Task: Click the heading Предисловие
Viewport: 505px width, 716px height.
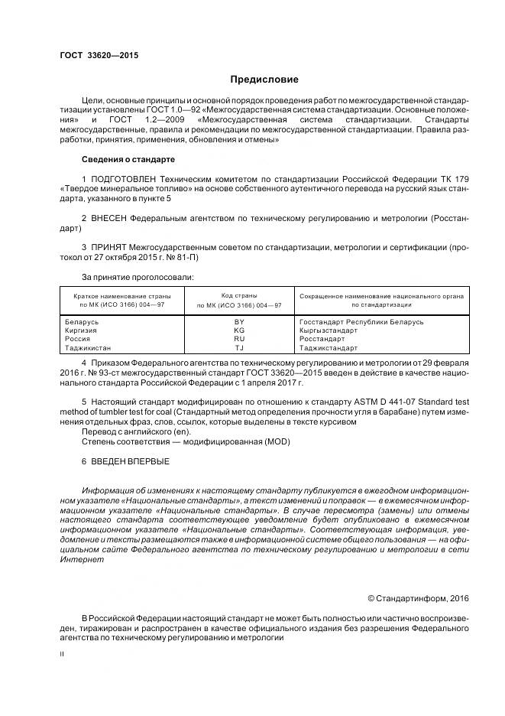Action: (x=264, y=80)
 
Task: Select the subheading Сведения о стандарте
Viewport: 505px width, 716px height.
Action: (x=128, y=159)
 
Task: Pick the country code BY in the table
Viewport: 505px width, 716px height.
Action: (x=239, y=322)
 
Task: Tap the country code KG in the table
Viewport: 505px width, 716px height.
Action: (x=239, y=330)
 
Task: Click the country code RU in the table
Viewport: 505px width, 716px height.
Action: (x=239, y=339)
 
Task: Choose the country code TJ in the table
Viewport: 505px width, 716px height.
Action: (x=239, y=347)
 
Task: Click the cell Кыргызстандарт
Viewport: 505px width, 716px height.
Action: (x=329, y=330)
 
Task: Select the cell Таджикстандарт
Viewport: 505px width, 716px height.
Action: (x=329, y=347)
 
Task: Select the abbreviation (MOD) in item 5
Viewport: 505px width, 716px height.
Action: (x=273, y=442)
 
